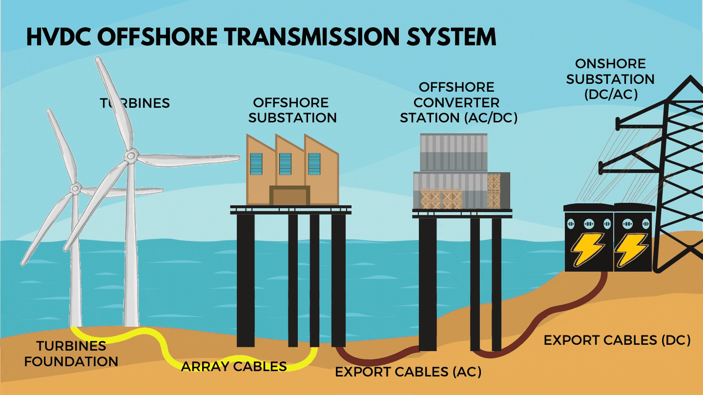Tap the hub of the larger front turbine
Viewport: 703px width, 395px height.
(130, 156)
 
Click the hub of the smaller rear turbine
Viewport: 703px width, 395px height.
(75, 188)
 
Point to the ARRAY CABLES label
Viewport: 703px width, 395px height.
(233, 367)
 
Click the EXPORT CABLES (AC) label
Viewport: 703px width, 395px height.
(408, 372)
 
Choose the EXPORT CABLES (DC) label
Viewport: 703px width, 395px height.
(617, 340)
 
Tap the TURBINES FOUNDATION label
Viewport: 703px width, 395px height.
(71, 354)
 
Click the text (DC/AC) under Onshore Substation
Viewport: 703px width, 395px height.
(610, 95)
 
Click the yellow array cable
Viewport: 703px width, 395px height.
(161, 341)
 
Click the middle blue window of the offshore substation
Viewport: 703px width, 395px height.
(285, 164)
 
